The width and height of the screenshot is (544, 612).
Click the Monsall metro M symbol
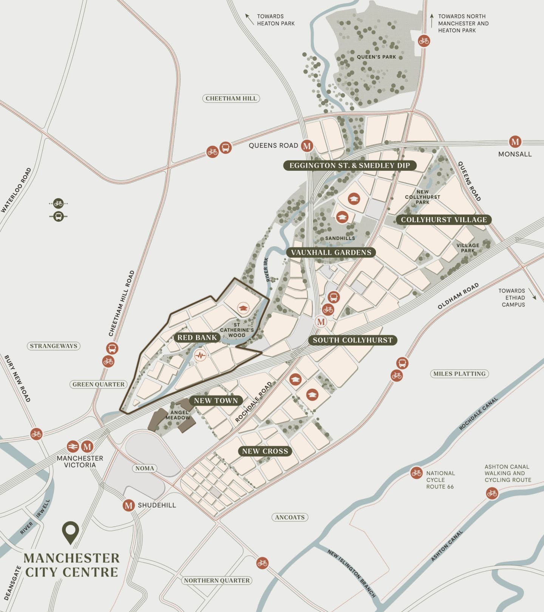pyautogui.click(x=515, y=142)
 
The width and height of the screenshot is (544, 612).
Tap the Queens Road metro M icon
pyautogui.click(x=307, y=145)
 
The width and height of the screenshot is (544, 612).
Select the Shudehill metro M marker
pyautogui.click(x=128, y=505)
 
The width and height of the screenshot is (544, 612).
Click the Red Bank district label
pyautogui.click(x=197, y=337)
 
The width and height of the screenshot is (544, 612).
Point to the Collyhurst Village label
pyautogui.click(x=444, y=219)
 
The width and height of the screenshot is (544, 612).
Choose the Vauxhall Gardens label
pyautogui.click(x=331, y=252)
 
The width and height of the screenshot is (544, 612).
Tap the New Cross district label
pyautogui.click(x=265, y=451)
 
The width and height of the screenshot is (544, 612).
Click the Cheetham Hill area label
pyautogui.click(x=231, y=98)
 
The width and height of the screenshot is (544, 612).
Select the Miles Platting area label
pyautogui.click(x=459, y=374)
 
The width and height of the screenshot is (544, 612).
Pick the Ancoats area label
pyautogui.click(x=289, y=517)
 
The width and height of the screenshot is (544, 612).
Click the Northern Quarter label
pyautogui.click(x=217, y=580)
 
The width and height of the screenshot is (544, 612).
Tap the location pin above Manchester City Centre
pyautogui.click(x=70, y=532)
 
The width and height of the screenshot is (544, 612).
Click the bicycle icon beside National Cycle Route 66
pyautogui.click(x=416, y=473)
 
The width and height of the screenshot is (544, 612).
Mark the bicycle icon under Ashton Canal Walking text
pyautogui.click(x=491, y=493)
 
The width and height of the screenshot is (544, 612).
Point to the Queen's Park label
pyautogui.click(x=376, y=57)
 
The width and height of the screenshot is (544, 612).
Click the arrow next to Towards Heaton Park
pyautogui.click(x=249, y=19)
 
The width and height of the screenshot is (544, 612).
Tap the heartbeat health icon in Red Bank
pyautogui.click(x=200, y=355)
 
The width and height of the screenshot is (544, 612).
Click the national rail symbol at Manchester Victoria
pyautogui.click(x=73, y=447)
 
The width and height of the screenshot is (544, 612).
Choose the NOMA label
pyautogui.click(x=145, y=468)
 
